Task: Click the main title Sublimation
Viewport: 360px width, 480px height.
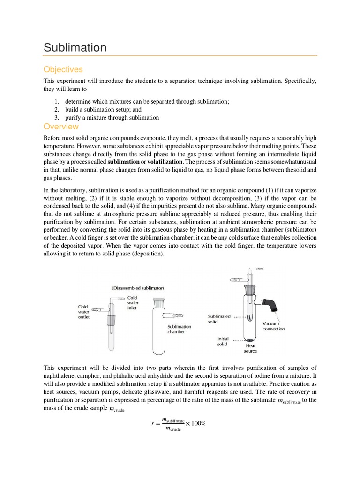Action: tap(75, 47)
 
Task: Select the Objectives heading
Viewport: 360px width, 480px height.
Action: tap(63, 69)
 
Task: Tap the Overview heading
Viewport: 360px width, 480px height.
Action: tap(61, 127)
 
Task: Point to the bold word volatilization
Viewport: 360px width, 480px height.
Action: tap(165, 162)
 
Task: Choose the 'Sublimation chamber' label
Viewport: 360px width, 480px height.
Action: tap(179, 329)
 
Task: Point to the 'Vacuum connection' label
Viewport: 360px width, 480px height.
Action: tap(273, 326)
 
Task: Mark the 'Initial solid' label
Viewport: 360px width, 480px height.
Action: tap(223, 341)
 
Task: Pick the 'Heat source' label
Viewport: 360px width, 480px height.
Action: tap(250, 348)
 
